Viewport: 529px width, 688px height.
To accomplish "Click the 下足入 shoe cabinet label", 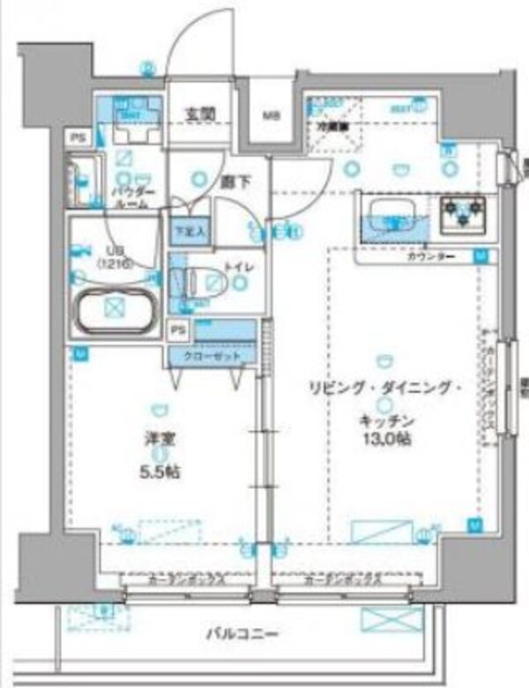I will point(189,231).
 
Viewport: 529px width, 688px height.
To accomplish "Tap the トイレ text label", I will point(236,264).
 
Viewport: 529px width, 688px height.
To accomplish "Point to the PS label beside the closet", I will point(178,331).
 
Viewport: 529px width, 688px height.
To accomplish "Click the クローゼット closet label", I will point(212,356).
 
